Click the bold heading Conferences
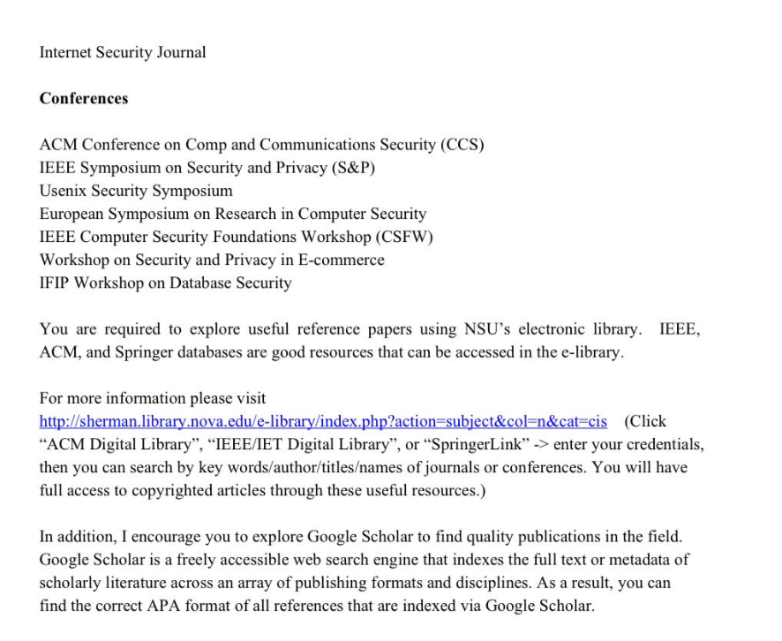(84, 98)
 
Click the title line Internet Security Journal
(123, 52)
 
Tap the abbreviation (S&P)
(352, 168)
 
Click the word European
(73, 214)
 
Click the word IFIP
(54, 283)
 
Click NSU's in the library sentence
(485, 329)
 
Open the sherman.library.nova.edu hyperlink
(323, 421)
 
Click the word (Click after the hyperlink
(645, 421)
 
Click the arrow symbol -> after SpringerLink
(523, 444)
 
